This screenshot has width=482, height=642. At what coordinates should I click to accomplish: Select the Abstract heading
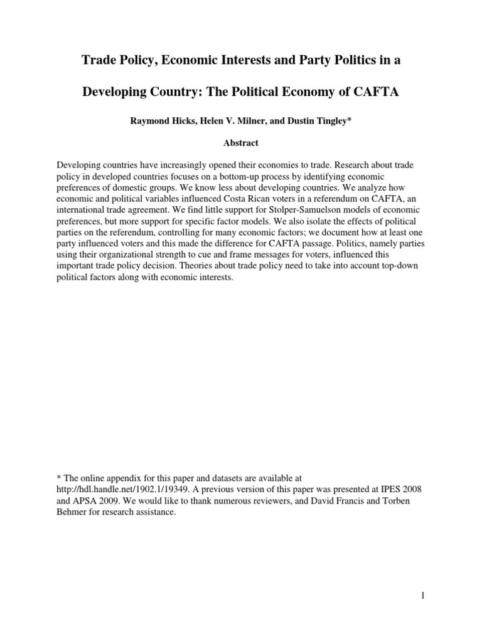click(x=241, y=143)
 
